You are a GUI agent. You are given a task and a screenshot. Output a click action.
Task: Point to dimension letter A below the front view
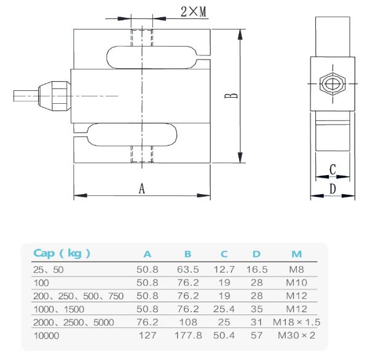tap(142, 189)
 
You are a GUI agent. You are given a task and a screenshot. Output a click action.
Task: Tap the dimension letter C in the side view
tap(333, 169)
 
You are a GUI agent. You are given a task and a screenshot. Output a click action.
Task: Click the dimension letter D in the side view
tap(333, 189)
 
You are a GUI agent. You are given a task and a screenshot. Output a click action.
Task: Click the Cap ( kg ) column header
tap(61, 253)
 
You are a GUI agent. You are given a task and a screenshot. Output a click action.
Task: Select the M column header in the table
tap(296, 253)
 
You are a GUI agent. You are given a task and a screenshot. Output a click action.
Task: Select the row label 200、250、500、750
tap(77, 295)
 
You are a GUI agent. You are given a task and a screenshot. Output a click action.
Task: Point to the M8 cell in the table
tap(296, 269)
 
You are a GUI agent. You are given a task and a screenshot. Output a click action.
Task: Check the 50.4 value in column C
tap(224, 335)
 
